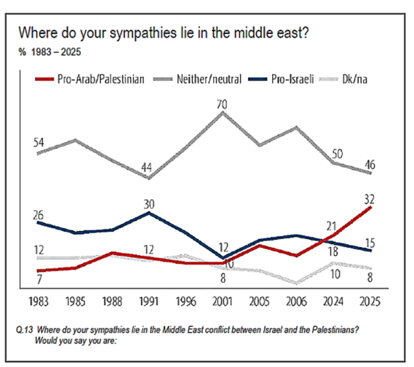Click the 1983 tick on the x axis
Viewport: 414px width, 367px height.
click(37, 301)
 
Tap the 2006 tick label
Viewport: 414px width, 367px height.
click(297, 301)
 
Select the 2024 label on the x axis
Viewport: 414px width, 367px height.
click(334, 301)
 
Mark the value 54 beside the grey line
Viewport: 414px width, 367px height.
click(39, 142)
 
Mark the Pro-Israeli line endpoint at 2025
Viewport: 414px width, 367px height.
click(371, 251)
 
